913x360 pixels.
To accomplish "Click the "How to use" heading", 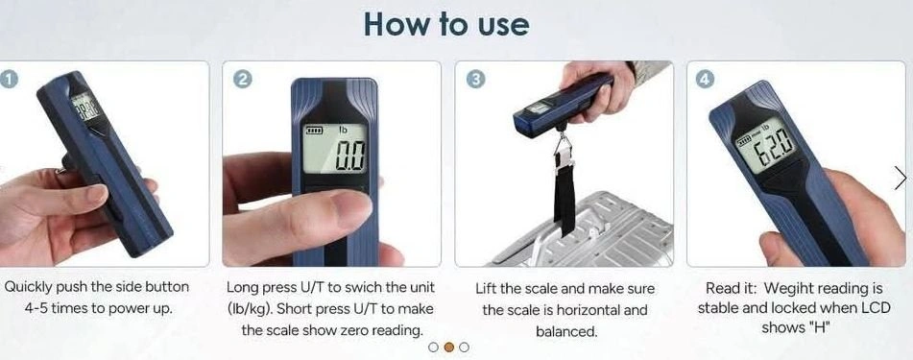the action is [x=446, y=24].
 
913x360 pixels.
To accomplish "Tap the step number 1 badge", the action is [x=6, y=78].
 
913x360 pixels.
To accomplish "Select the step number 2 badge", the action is [x=242, y=80].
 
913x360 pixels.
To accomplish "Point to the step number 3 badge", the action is [x=475, y=81].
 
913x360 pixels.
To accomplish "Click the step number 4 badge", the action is [x=705, y=80].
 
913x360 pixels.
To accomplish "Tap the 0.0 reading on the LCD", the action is [x=350, y=155].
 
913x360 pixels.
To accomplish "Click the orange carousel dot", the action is [x=448, y=348].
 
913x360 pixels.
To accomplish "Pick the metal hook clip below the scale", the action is [x=562, y=148].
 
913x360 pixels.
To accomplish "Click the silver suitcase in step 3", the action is [x=583, y=230].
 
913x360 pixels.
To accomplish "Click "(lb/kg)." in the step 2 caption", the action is [x=251, y=309].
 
